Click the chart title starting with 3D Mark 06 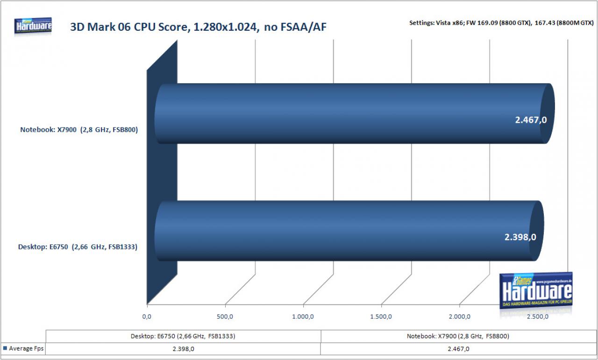198,27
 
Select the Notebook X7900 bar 355,113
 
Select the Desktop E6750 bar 349,231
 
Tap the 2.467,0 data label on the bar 531,120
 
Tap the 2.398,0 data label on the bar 520,237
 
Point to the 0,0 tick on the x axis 147,317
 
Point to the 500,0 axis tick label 225,317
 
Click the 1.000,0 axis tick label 303,317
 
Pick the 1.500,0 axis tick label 381,317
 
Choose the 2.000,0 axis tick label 459,317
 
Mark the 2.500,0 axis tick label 537,317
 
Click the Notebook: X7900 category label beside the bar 79,130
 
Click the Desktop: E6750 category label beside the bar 78,247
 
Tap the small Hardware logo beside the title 33,26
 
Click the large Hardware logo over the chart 536,291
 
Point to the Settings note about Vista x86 501,23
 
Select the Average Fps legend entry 23,348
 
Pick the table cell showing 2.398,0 184,349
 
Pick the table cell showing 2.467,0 458,349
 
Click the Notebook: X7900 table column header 458,336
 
